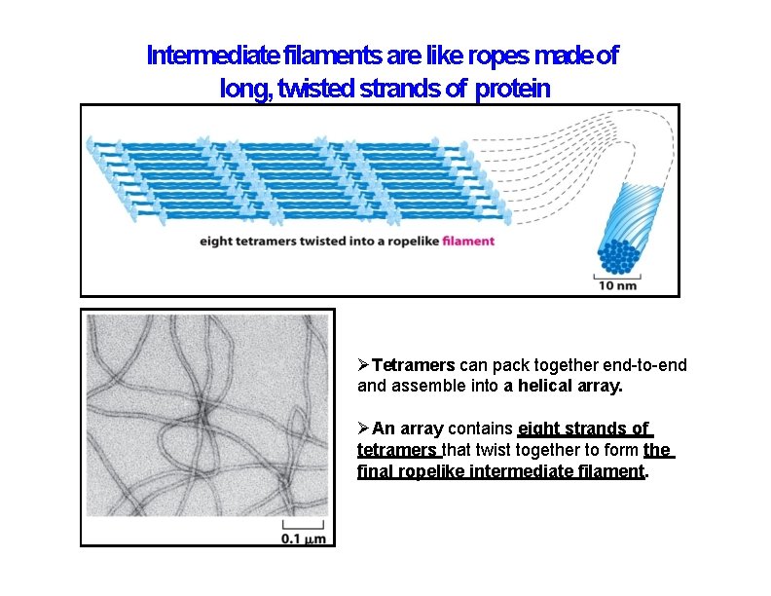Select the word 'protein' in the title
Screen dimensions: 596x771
point(512,90)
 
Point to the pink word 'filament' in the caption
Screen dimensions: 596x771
point(468,241)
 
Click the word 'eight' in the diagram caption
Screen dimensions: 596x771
point(217,241)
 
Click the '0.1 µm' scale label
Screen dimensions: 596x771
point(303,538)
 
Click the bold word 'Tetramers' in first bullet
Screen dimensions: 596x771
point(414,366)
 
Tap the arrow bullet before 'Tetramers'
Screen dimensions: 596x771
point(364,366)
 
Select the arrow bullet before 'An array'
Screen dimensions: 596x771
point(364,428)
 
